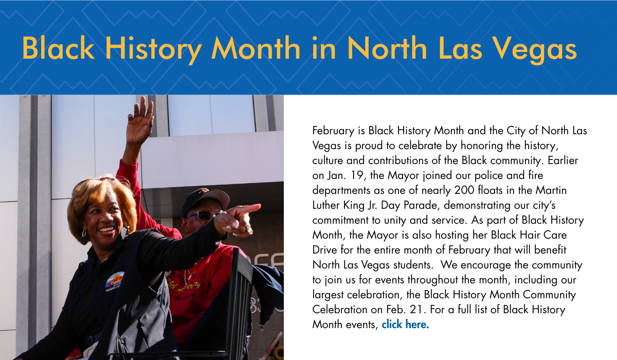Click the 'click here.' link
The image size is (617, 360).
[405, 325]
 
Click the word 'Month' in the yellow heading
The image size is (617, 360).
[256, 48]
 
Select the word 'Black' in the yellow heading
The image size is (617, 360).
[59, 48]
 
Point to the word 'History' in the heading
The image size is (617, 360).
[153, 50]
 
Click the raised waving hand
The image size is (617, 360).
[140, 121]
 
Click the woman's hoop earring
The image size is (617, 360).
[84, 233]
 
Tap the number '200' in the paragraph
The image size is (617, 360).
[464, 190]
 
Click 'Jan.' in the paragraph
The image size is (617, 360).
[336, 175]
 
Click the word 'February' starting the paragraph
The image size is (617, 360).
[333, 131]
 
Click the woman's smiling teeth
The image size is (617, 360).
[106, 229]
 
